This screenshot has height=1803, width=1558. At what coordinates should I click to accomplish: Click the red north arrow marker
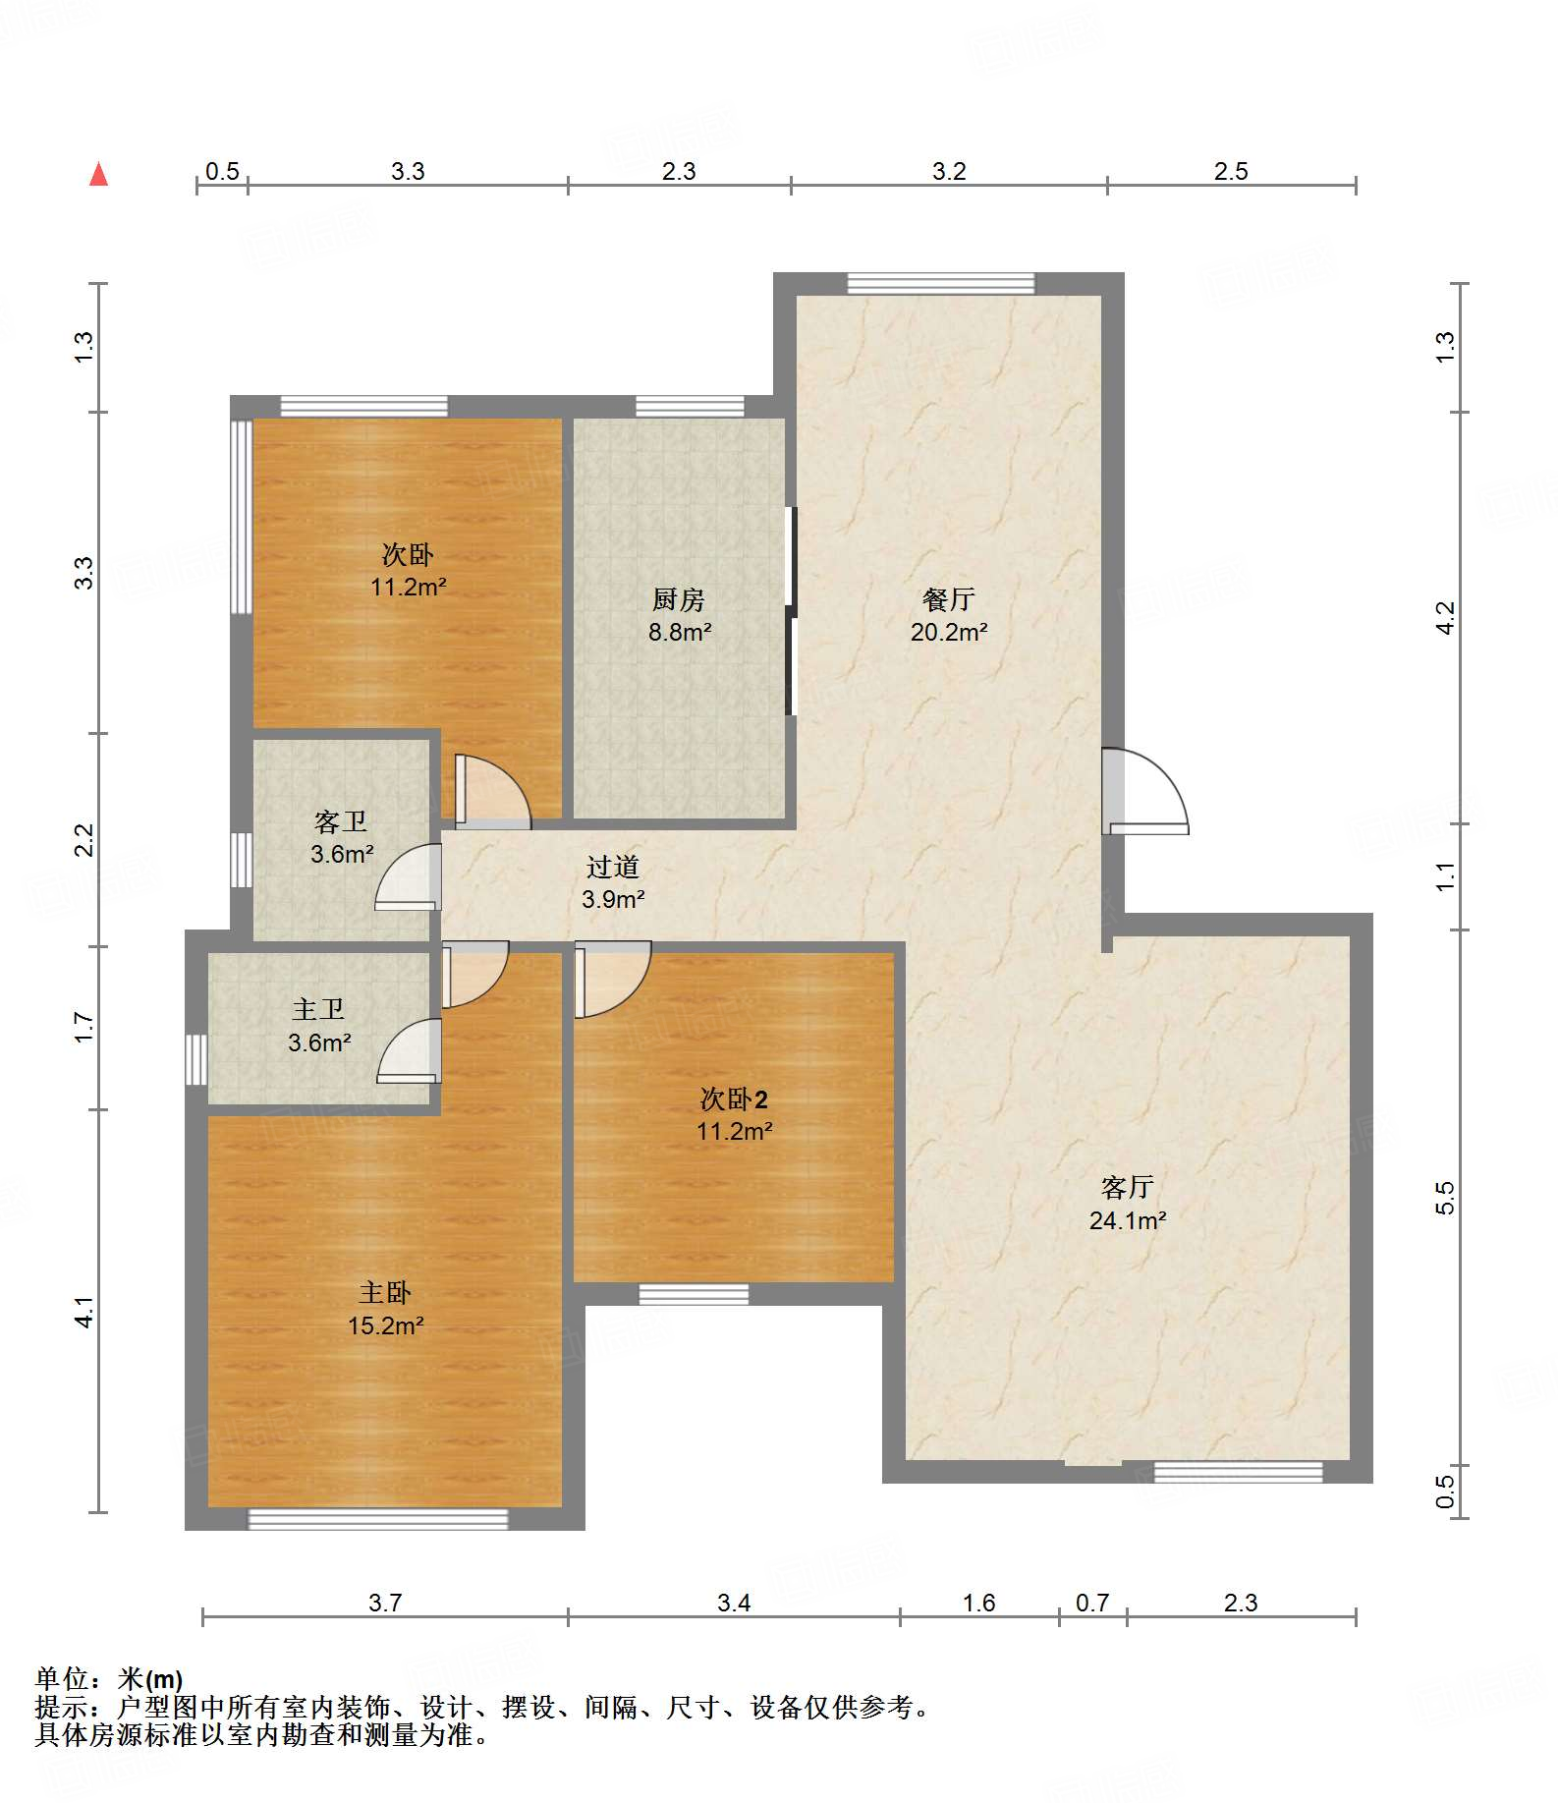98,174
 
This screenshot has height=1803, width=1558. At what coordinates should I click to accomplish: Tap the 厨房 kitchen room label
679,599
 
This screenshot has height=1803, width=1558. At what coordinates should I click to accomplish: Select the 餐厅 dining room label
949,599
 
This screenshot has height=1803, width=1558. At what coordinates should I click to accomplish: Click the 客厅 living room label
1128,1188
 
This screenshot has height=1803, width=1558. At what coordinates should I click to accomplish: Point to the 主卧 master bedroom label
385,1293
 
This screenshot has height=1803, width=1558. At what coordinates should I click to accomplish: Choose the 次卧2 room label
734,1099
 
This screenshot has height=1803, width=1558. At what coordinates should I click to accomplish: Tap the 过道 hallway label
613,867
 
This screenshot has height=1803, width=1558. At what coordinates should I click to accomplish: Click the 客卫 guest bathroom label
341,821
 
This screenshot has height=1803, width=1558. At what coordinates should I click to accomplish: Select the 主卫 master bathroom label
318,1010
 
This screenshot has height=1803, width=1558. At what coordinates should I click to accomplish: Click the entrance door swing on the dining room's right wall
1145,791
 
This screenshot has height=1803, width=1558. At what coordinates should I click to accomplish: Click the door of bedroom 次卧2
613,980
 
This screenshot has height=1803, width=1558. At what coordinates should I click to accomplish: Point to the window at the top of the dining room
941,284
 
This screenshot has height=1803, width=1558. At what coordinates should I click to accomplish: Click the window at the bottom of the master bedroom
377,1519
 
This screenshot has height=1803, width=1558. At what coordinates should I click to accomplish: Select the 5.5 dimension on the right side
1444,1198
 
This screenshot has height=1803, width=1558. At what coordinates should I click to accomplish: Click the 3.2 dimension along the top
949,171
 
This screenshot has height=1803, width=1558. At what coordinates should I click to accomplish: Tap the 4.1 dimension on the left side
84,1313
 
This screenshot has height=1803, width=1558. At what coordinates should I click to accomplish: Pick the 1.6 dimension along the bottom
978,1604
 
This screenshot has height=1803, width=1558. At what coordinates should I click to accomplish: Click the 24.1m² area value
1128,1220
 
